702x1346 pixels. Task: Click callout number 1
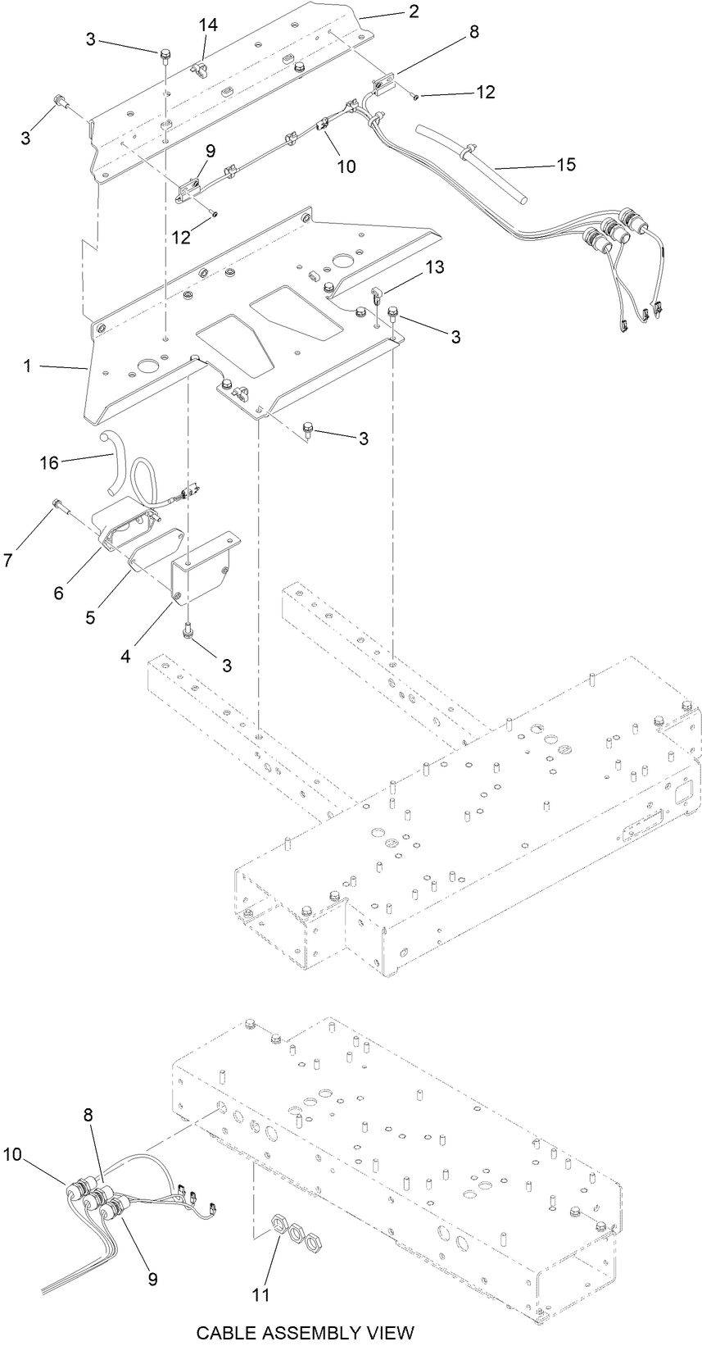pyautogui.click(x=27, y=366)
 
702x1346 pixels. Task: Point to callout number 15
pyautogui.click(x=565, y=164)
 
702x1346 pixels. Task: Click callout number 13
pyautogui.click(x=435, y=266)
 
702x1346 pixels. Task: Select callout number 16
pyautogui.click(x=49, y=463)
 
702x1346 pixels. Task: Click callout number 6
pyautogui.click(x=58, y=592)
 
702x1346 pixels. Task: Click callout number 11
pyautogui.click(x=260, y=1294)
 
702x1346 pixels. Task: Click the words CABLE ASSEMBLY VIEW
pyautogui.click(x=305, y=1332)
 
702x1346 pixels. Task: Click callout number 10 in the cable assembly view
pyautogui.click(x=12, y=1154)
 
